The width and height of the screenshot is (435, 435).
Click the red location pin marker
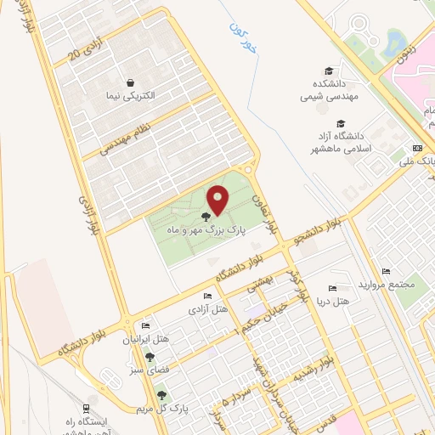217,200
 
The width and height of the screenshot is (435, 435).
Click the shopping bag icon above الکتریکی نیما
130,82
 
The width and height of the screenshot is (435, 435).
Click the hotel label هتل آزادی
209,309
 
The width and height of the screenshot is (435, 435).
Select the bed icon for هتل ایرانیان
145,325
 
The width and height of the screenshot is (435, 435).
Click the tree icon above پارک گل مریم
161,395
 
